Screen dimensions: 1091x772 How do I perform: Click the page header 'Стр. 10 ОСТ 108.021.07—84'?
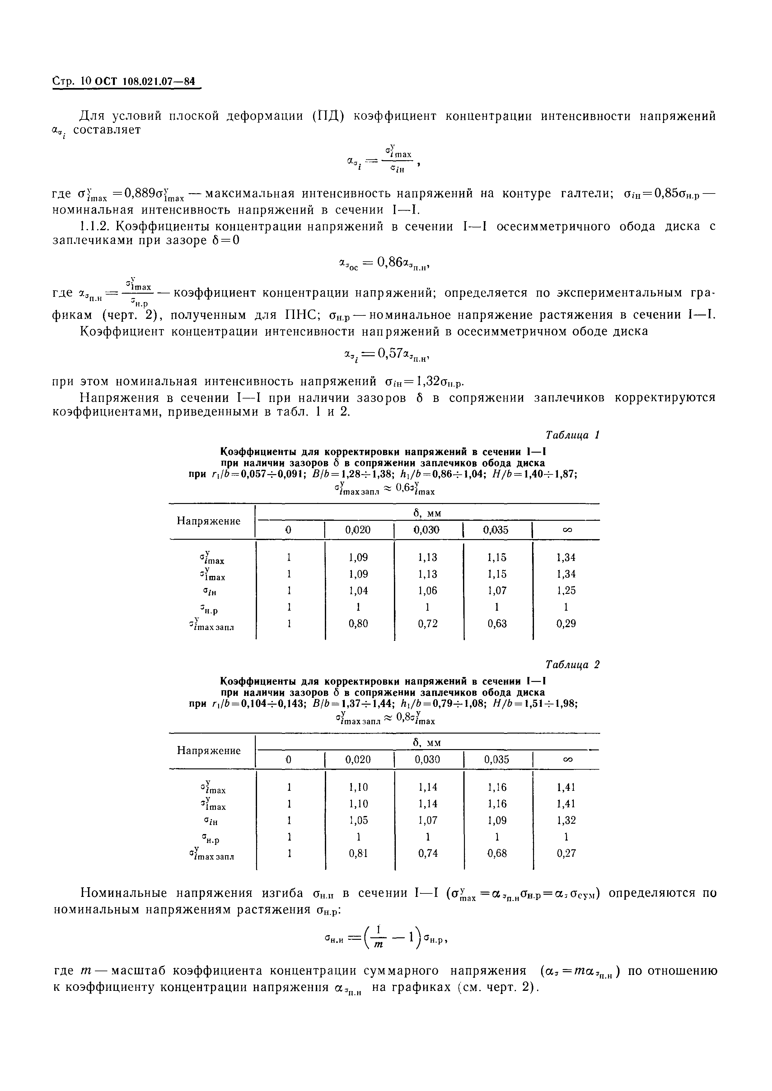(x=124, y=82)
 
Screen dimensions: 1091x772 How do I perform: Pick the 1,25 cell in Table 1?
(x=566, y=590)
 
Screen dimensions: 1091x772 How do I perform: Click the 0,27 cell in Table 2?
(x=566, y=853)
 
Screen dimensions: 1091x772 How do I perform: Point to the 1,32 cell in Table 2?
(x=566, y=820)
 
